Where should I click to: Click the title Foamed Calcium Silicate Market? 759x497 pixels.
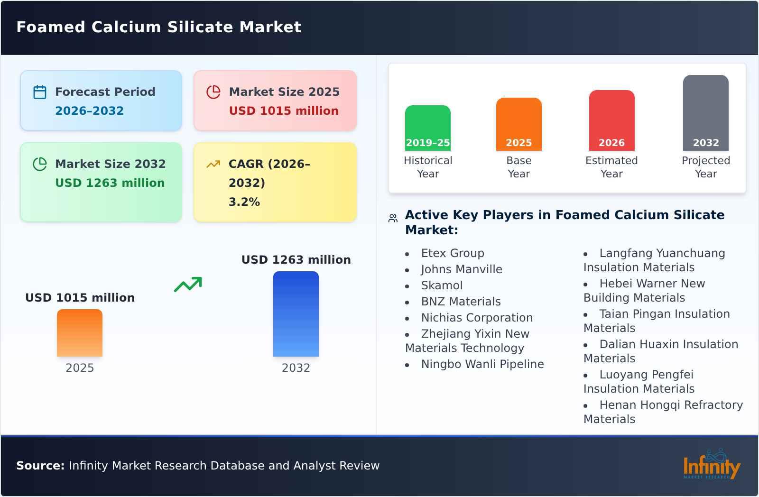coord(158,27)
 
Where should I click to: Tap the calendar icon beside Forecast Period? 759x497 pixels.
coord(40,92)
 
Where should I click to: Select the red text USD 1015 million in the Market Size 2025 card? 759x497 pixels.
coord(284,111)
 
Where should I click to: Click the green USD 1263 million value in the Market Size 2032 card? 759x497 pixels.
coord(110,183)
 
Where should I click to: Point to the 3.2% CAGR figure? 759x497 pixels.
coord(244,202)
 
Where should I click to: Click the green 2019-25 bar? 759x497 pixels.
coord(427,128)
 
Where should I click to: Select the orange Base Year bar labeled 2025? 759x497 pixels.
coord(518,124)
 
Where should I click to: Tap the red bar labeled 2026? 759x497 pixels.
coord(611,120)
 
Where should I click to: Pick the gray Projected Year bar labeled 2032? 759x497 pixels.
coord(705,113)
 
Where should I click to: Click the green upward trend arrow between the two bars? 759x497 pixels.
coord(188,284)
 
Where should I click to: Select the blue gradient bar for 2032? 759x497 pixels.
coord(296,314)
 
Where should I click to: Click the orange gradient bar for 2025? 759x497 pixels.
coord(80,333)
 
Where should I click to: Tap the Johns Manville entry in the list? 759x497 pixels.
coord(461,269)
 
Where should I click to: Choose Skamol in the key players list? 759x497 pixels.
coord(442,285)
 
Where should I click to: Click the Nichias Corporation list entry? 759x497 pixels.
coord(477,318)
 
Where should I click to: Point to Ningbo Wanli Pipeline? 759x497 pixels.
coord(482,364)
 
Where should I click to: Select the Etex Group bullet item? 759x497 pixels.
coord(453,253)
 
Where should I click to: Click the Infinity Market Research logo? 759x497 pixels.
coord(711,465)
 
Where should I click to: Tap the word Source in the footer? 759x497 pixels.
coord(40,466)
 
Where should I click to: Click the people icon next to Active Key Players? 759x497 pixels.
coord(393,218)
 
